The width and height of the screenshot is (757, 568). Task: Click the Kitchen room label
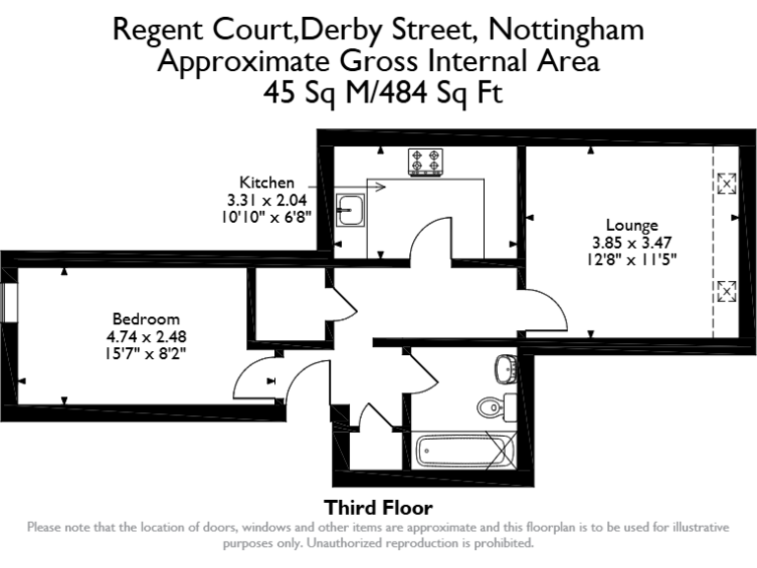point(266,182)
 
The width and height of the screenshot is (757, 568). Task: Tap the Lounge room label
point(631,225)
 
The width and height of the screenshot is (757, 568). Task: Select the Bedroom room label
point(146,319)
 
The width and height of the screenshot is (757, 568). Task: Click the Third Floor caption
point(378,509)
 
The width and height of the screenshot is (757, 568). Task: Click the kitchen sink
point(351,209)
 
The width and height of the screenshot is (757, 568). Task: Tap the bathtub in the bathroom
point(464,452)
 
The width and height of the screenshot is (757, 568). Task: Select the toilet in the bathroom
point(490,405)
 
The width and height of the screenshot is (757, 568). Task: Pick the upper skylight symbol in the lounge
point(726,182)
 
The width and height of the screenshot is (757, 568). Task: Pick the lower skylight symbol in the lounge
point(726,290)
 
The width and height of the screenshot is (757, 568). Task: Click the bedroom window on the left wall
point(8,303)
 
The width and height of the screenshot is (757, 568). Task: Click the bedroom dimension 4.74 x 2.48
point(146,335)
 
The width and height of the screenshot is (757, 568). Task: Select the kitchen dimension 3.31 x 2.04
point(266,198)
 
